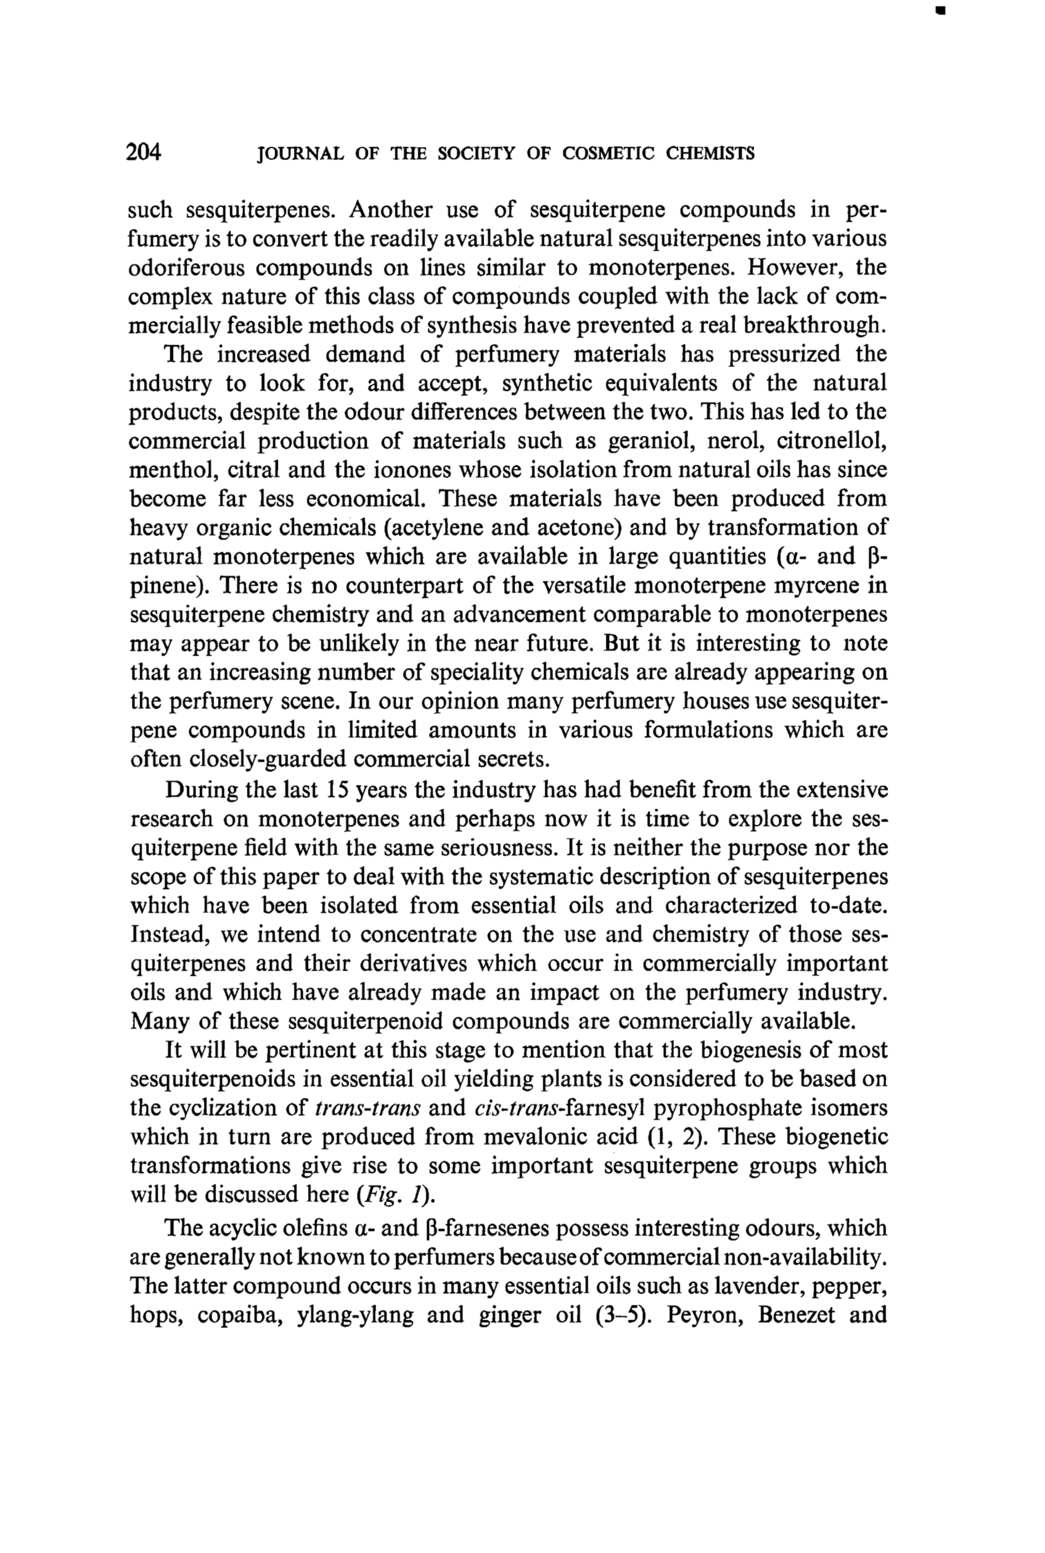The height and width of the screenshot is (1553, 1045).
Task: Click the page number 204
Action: (144, 152)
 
